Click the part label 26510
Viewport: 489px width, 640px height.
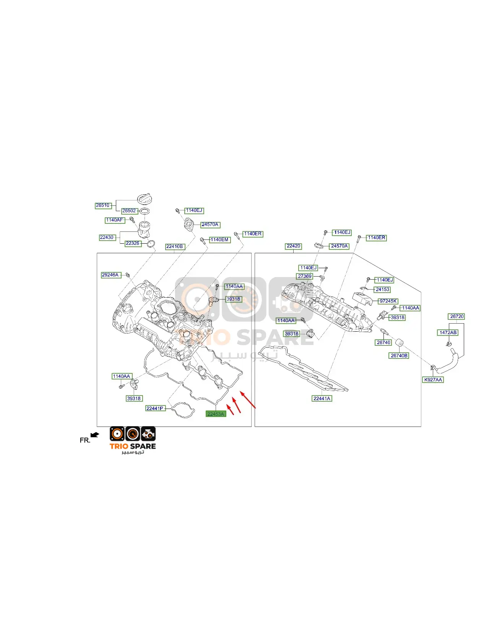(103, 205)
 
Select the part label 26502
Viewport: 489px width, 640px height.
(129, 210)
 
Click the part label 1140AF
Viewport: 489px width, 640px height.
(115, 220)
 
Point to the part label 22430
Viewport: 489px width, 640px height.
(107, 237)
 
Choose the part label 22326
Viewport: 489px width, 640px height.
(133, 243)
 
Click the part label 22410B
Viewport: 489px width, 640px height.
(175, 247)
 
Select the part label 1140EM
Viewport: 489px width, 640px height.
(220, 240)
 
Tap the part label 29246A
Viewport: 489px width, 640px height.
(111, 275)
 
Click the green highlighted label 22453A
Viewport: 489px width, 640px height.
(216, 414)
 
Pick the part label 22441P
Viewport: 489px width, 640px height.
(155, 408)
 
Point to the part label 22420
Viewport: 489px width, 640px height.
(294, 246)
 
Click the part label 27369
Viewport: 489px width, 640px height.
(305, 276)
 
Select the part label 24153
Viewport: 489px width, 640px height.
(383, 290)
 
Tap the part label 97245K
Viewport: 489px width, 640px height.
(388, 301)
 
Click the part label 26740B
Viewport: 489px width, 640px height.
(399, 356)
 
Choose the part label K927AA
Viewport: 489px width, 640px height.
(433, 379)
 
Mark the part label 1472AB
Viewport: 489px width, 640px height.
(448, 333)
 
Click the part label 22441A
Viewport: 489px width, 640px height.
(322, 398)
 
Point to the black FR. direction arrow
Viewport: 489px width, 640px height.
(95, 435)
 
